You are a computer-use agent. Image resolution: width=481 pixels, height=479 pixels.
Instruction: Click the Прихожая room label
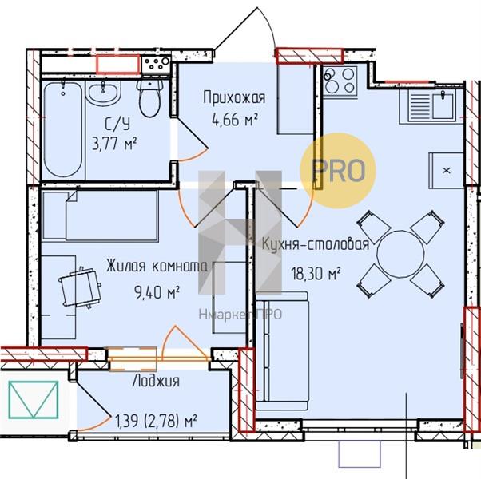234,97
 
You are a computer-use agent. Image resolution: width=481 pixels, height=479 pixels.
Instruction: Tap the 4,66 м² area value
234,120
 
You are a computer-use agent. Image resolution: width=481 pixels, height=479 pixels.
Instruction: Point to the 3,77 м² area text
114,144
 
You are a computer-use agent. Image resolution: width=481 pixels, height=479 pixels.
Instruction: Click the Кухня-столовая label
316,244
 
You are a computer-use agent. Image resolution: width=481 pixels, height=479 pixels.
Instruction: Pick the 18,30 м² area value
316,274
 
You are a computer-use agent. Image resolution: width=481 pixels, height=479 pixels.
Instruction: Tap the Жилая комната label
157,266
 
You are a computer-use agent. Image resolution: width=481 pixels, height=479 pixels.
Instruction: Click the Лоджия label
156,382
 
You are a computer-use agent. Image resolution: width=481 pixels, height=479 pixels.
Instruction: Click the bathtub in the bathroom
63,129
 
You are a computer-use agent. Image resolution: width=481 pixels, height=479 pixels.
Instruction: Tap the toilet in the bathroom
149,97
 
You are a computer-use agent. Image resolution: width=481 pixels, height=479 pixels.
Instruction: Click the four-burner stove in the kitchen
340,81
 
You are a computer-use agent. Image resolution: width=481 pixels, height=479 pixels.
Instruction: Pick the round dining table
400,254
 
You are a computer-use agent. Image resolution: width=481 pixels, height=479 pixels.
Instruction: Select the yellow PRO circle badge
338,171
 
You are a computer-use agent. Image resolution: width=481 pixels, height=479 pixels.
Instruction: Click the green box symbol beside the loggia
33,400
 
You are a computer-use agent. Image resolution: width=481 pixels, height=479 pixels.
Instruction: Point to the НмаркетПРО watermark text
240,315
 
